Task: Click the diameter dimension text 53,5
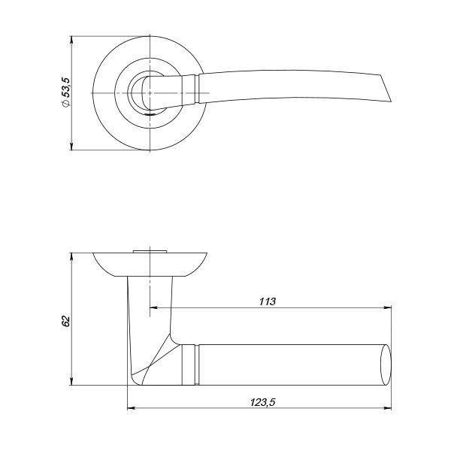click(x=66, y=87)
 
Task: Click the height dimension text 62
click(x=66, y=321)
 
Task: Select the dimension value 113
click(x=267, y=301)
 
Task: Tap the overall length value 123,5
click(x=262, y=402)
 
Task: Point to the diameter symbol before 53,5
click(x=66, y=104)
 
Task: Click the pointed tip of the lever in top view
click(x=391, y=101)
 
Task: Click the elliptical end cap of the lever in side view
click(x=386, y=365)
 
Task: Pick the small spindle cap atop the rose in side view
click(x=150, y=252)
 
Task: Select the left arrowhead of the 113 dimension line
click(x=153, y=307)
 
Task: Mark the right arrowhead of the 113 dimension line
click(x=388, y=307)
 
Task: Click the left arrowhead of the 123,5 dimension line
click(x=131, y=408)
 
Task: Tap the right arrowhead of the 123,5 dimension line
click(x=388, y=408)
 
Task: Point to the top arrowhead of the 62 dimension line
click(x=71, y=256)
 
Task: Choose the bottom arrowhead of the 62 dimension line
click(x=71, y=382)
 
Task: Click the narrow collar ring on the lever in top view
click(x=197, y=89)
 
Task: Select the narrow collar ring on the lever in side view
click(x=197, y=365)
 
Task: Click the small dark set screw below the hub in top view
click(x=150, y=114)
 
